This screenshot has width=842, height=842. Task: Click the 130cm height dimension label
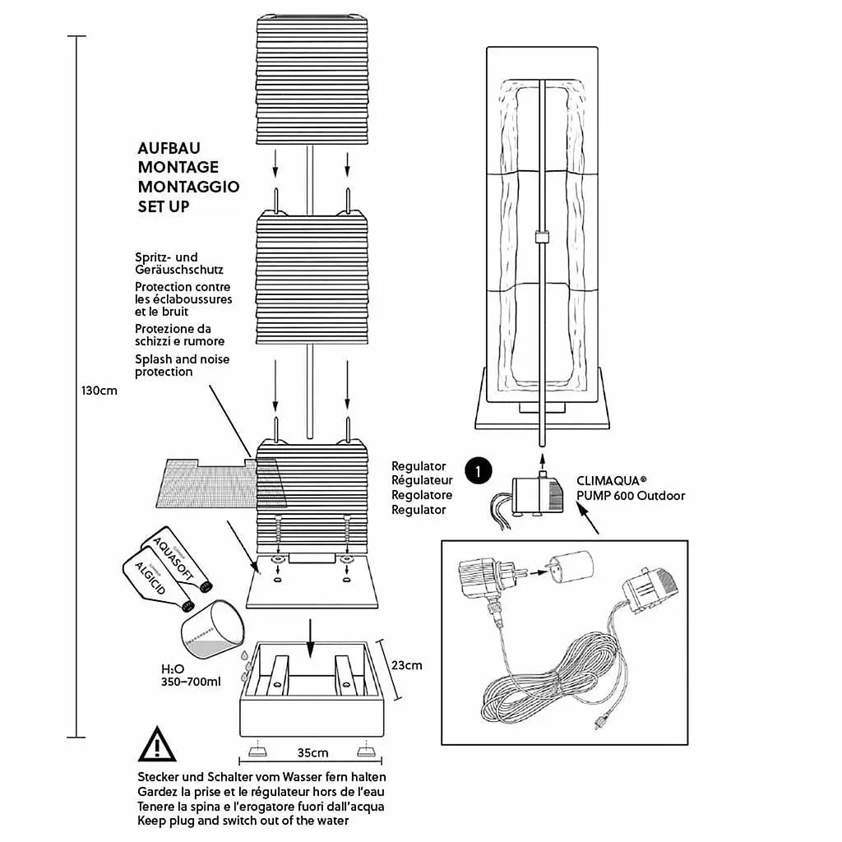(99, 391)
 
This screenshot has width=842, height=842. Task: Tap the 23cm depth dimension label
(407, 664)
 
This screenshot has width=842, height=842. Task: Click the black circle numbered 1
(478, 471)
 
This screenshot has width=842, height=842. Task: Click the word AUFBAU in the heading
(169, 149)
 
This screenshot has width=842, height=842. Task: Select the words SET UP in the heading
(164, 206)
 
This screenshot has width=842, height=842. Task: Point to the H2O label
(173, 669)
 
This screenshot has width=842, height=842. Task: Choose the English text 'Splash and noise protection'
(183, 365)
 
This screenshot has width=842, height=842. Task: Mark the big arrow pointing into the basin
(310, 638)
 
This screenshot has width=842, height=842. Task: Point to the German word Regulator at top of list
(419, 466)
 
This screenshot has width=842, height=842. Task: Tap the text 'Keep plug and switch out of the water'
(243, 821)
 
